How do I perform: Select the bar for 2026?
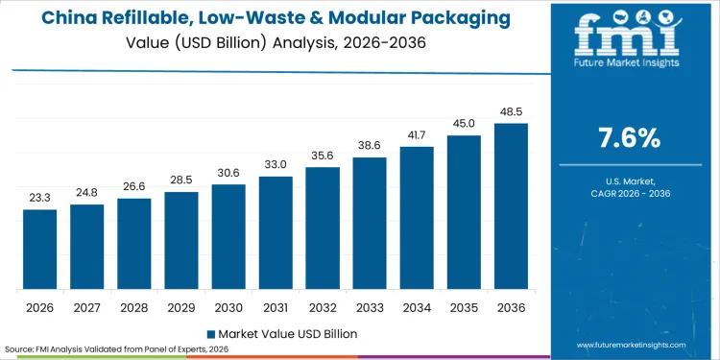point(40,250)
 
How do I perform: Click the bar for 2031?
point(276,233)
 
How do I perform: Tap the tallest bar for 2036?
point(511,206)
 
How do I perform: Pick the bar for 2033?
point(370,224)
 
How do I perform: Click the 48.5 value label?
point(511,111)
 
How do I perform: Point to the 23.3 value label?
point(40,197)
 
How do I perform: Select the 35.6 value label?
point(323,155)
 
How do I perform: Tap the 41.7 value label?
point(417,134)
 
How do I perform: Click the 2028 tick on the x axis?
point(134,309)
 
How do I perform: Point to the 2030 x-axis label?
point(228,309)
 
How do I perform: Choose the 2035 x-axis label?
point(464,309)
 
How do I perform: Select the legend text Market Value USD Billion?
point(287,334)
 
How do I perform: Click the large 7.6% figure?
point(629,137)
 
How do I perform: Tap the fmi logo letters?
point(629,36)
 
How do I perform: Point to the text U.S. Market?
point(629,180)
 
